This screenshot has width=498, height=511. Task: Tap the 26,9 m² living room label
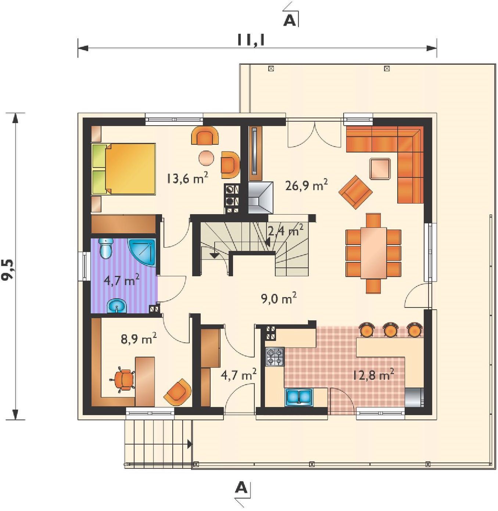click(307, 186)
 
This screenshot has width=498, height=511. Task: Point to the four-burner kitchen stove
click(275, 357)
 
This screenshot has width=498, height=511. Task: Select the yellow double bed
click(123, 169)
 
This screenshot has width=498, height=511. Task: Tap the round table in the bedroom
click(207, 158)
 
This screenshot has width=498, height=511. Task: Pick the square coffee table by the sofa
click(380, 169)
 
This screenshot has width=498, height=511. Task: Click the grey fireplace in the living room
click(260, 197)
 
